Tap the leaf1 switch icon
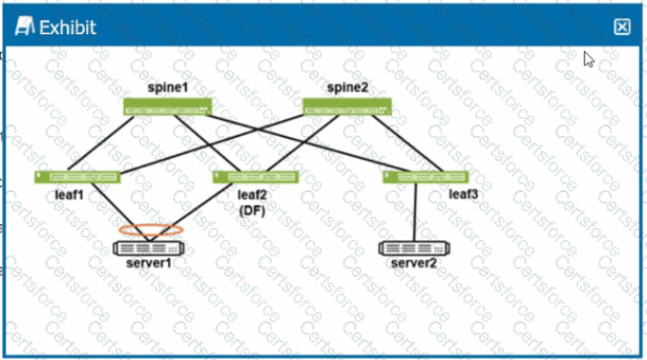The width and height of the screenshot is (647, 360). [x=78, y=177]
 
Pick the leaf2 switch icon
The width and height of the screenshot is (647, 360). [x=255, y=177]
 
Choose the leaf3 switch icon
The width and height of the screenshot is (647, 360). [x=426, y=177]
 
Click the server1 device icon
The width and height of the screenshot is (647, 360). [x=147, y=248]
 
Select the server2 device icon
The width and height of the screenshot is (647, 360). [x=414, y=248]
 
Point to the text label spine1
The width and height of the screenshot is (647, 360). [x=168, y=88]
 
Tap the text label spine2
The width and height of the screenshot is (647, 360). [x=346, y=88]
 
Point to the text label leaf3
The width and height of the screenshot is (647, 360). [x=463, y=195]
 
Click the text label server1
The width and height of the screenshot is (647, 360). [x=148, y=263]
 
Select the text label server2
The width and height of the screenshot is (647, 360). [x=414, y=263]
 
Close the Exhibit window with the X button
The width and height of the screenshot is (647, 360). [x=621, y=27]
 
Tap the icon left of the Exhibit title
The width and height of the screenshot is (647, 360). [x=23, y=27]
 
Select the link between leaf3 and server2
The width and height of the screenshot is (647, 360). [x=417, y=212]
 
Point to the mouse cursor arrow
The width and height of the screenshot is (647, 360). [x=588, y=59]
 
